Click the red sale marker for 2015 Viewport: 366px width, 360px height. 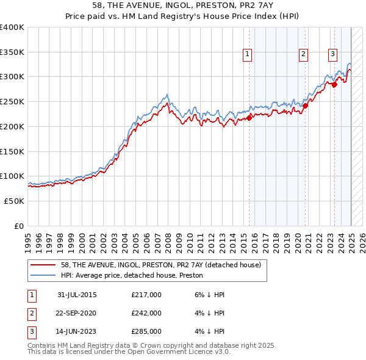[249, 118]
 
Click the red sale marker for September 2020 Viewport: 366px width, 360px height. [305, 106]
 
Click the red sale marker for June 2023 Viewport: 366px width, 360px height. [334, 85]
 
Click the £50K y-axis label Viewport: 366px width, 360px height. [14, 201]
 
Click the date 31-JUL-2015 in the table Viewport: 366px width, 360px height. [77, 295]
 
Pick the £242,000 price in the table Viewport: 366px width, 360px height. [146, 313]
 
